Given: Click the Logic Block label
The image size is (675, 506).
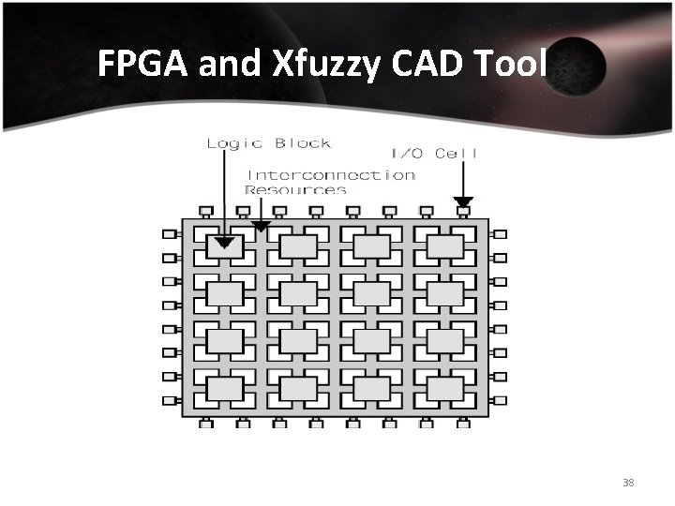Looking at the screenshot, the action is coord(268,143).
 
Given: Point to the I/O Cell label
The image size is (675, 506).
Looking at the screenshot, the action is coord(433,154).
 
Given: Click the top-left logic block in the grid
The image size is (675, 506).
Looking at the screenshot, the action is coord(224,246).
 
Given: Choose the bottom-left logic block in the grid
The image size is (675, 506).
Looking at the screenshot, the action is coord(224,387).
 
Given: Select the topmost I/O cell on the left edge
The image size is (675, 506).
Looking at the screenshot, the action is coord(170,233).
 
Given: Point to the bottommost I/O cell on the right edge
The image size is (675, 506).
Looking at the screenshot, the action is coord(500,400).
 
